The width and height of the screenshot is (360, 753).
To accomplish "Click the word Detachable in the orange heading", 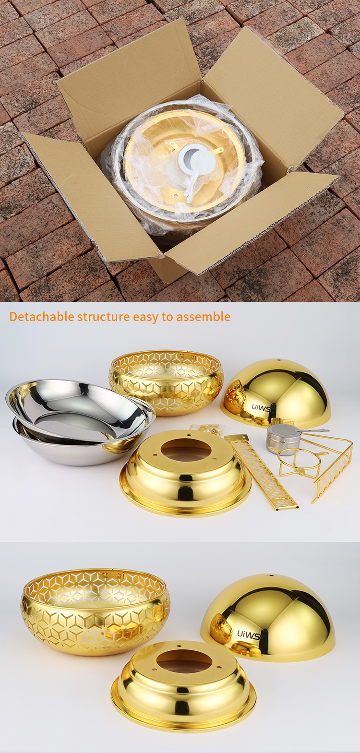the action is tap(42, 317).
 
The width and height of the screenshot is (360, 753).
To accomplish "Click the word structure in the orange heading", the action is tap(103, 317).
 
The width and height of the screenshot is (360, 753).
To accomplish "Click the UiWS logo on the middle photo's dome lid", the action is tap(261, 408).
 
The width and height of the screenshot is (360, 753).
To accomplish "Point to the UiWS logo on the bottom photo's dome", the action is tap(249, 635).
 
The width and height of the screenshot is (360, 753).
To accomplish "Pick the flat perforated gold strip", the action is tap(261, 472).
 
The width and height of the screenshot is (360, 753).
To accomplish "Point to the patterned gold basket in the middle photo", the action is tap(166, 383).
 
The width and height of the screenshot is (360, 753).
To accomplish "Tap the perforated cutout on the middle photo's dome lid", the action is tap(235, 397).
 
